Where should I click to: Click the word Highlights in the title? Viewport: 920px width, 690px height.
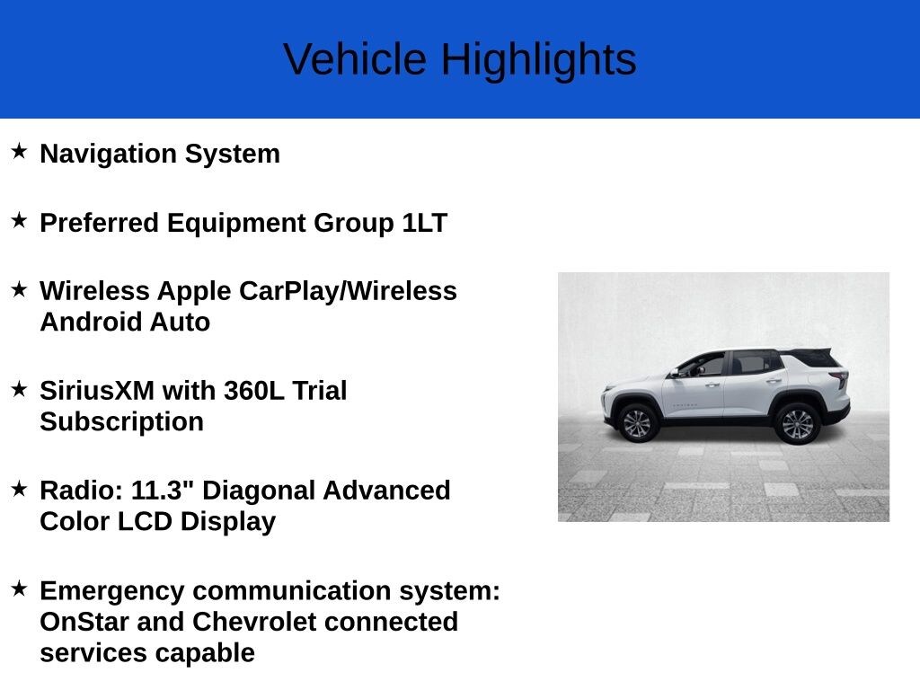tap(539, 60)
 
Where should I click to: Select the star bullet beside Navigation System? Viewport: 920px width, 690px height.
tap(19, 151)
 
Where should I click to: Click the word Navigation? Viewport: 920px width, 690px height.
tap(108, 155)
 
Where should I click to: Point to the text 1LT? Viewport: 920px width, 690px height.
tap(425, 223)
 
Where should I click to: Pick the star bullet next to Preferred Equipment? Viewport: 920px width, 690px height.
tap(19, 220)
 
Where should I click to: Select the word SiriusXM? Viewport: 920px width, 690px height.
tap(97, 391)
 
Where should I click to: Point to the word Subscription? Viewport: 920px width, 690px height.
tap(121, 422)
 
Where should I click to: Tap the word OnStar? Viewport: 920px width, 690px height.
tap(84, 622)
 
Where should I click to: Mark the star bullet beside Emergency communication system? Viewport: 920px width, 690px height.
tap(19, 588)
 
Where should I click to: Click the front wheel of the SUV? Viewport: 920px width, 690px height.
tap(637, 423)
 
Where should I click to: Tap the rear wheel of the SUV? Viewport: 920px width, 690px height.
tap(797, 424)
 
